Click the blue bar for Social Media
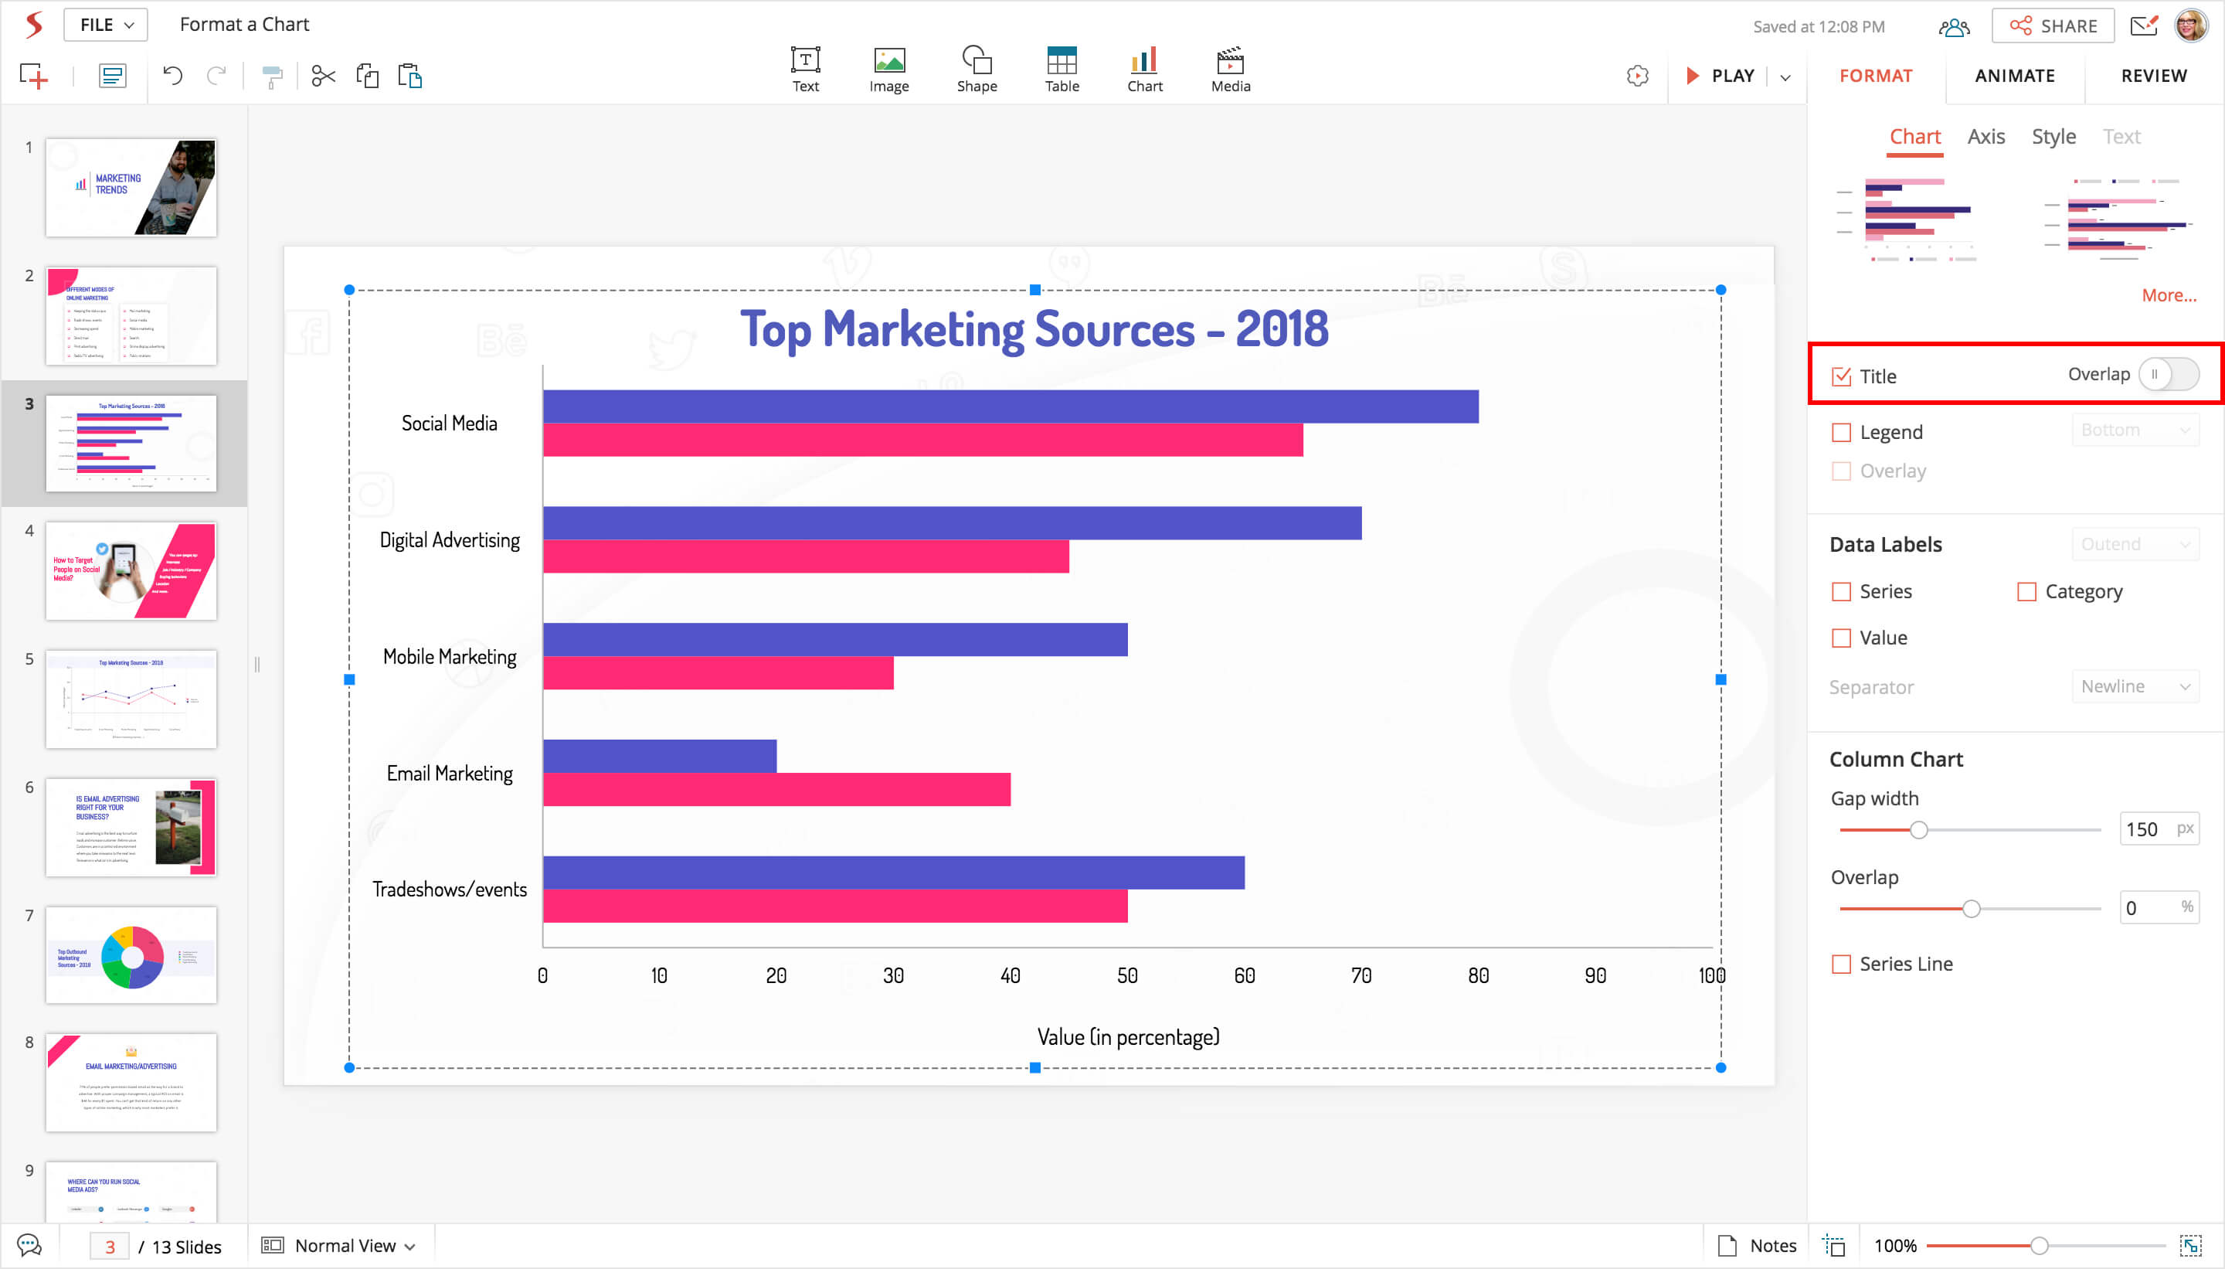[x=1011, y=407]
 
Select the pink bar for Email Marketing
[x=776, y=790]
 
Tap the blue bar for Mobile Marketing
[x=834, y=640]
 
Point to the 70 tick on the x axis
[x=1360, y=975]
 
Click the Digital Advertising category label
[x=450, y=540]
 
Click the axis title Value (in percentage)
[x=1128, y=1037]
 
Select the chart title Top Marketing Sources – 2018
[x=1034, y=329]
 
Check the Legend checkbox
[x=1841, y=432]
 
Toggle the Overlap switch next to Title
[x=2169, y=375]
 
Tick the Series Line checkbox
[x=1841, y=964]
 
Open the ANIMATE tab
[x=2014, y=76]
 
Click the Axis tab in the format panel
[x=1986, y=137]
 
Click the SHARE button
[x=2053, y=26]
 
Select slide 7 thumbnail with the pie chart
[x=131, y=955]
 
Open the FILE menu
[x=105, y=25]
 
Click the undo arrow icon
[x=172, y=76]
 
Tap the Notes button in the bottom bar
[x=1756, y=1246]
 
